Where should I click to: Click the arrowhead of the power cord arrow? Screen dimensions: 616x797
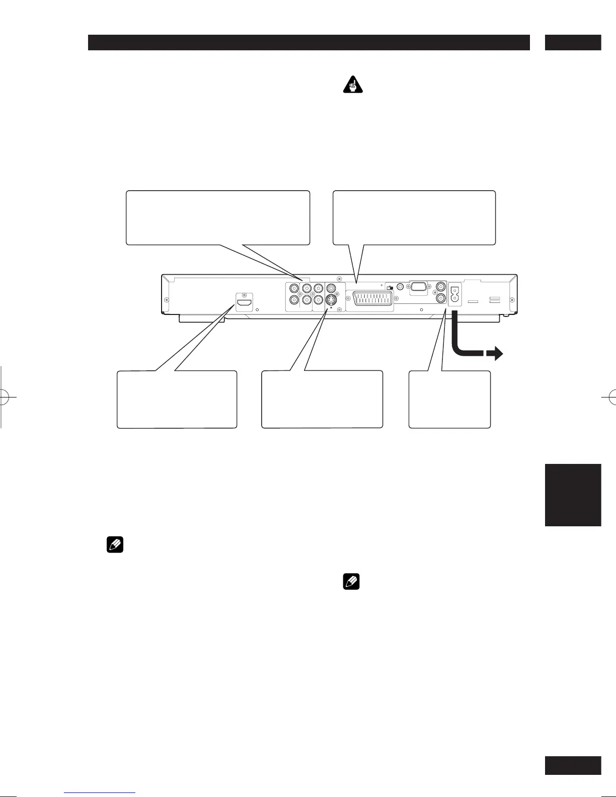coord(498,354)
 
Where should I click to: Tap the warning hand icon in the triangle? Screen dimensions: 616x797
coord(354,86)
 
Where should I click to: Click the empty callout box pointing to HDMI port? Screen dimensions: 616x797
coord(177,400)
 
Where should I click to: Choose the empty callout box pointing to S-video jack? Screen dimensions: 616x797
coord(322,400)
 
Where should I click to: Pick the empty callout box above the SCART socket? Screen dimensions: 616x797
coord(415,217)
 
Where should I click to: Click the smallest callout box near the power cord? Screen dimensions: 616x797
coord(449,400)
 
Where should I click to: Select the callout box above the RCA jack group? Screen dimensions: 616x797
coord(217,217)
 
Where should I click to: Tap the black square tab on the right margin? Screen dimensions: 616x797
coord(573,495)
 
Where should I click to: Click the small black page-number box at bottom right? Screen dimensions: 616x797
coord(573,765)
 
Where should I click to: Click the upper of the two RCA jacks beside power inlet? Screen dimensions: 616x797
coord(441,287)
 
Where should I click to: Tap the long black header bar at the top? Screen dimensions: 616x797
coord(309,43)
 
